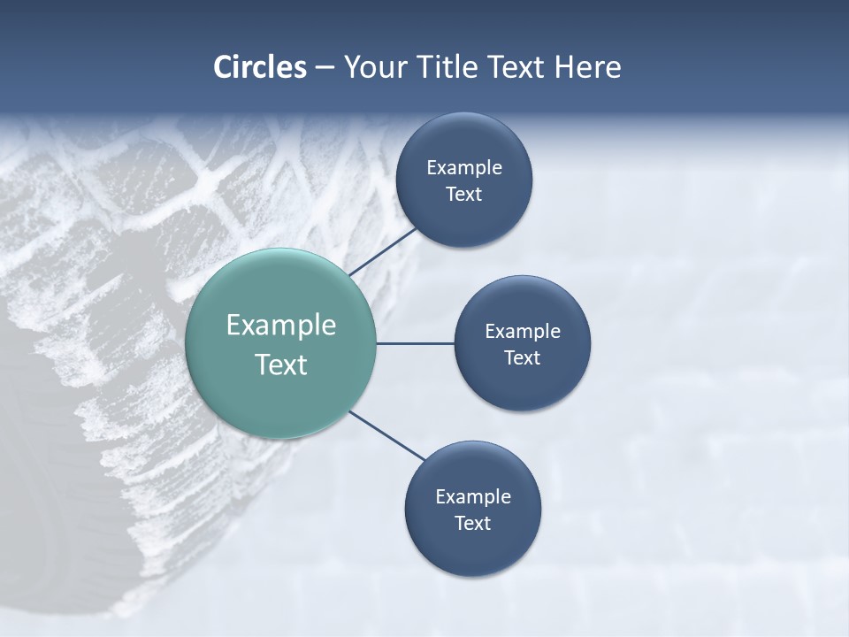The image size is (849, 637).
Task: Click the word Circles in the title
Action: [x=260, y=67]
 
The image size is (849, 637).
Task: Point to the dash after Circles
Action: [x=325, y=68]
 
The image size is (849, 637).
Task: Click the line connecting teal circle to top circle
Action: [x=383, y=251]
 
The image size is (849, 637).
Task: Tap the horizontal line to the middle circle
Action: [x=415, y=343]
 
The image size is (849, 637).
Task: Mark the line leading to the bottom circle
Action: [x=387, y=435]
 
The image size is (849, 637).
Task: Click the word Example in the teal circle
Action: [x=281, y=326]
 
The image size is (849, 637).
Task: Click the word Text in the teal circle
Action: [x=281, y=365]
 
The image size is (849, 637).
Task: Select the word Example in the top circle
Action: [x=464, y=168]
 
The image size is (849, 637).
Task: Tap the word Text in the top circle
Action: [x=464, y=195]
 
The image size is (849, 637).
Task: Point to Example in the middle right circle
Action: [x=523, y=332]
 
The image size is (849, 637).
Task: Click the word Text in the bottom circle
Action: [x=473, y=524]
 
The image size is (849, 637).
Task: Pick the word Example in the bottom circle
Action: [x=473, y=497]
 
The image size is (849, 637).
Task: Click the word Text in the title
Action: [x=517, y=67]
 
